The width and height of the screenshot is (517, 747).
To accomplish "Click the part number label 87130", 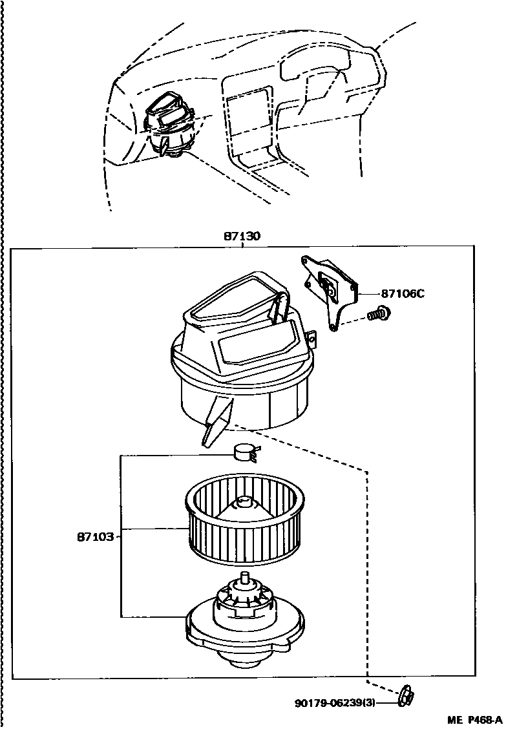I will coord(242,237).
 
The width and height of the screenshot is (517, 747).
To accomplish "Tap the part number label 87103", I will coord(96,536).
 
